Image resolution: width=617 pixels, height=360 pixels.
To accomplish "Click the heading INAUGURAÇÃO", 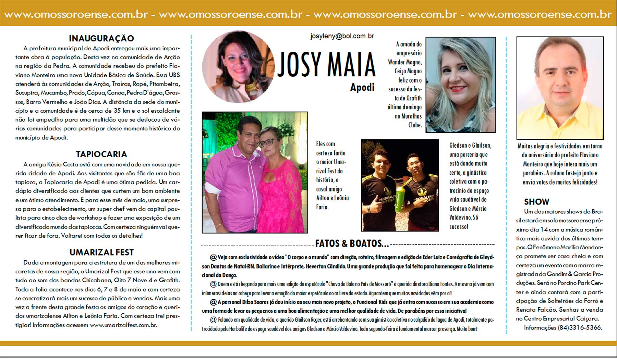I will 101,38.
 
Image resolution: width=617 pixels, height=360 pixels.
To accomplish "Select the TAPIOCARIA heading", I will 101,154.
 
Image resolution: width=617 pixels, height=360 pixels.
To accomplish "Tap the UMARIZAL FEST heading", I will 101,252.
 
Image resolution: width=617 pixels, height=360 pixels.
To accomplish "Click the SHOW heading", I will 536,202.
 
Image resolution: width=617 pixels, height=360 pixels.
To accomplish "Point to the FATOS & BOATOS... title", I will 352,244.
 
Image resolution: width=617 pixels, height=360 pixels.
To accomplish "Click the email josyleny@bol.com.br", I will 342,36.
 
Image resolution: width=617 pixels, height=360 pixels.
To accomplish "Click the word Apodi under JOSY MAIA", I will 362,87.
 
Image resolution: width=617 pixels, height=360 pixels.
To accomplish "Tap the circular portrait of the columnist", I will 238,67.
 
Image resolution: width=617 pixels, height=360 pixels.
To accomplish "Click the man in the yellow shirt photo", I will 560,88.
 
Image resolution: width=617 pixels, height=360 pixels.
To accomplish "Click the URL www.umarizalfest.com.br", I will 123,325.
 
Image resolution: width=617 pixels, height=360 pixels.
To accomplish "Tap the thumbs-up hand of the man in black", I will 375,206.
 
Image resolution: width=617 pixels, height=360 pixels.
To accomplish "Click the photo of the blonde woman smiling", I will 460,85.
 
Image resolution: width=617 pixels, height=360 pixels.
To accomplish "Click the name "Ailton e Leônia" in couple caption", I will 332,198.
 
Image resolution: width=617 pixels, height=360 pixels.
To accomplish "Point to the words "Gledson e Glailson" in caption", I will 470,146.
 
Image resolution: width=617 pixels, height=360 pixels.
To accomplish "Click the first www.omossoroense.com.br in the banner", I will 76,15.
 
